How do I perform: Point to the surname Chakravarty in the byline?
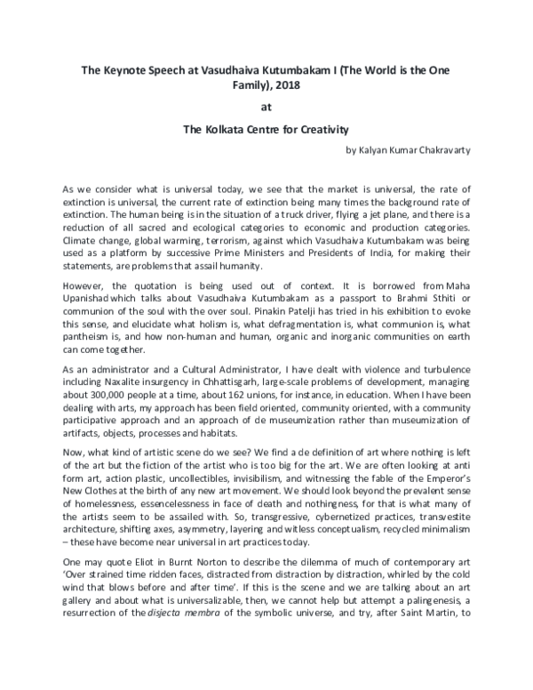[x=441, y=150]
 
